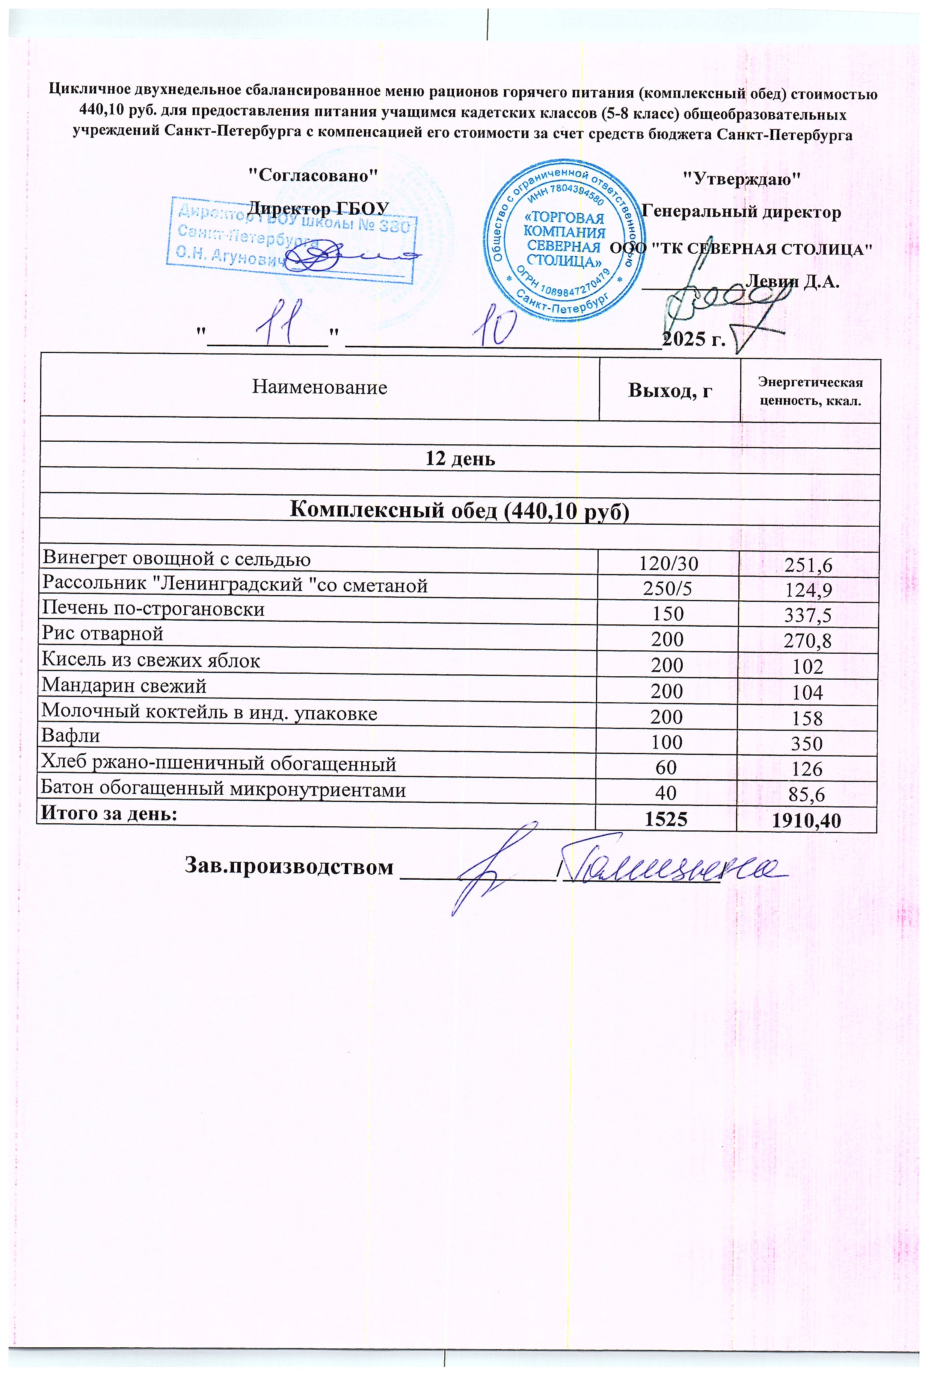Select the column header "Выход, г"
coord(669,390)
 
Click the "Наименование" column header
coord(320,387)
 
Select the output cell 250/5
coord(668,589)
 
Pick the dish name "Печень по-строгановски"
coord(153,609)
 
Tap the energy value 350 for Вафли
coord(807,743)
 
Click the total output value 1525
coord(666,819)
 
